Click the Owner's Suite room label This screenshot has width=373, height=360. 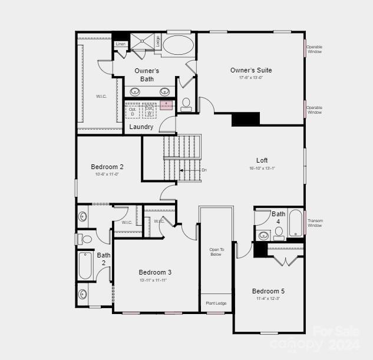[251, 70]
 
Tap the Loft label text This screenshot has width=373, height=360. [262, 160]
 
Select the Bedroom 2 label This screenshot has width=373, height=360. [107, 167]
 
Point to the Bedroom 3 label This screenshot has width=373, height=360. [155, 272]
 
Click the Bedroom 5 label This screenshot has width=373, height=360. [268, 291]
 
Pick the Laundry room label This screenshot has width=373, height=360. [141, 127]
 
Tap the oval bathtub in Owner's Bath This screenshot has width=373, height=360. [177, 45]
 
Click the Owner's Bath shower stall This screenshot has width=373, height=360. [141, 42]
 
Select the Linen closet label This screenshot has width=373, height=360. [120, 44]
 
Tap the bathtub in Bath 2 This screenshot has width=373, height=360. [85, 266]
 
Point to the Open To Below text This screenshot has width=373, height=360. [216, 252]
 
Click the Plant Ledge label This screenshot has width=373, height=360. [216, 303]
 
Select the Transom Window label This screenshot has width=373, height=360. [315, 223]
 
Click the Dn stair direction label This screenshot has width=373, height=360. [204, 170]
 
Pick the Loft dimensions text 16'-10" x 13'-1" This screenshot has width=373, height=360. [262, 168]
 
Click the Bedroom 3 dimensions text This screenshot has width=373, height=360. [153, 280]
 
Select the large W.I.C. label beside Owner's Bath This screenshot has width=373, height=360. [101, 96]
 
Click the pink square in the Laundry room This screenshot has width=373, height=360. [166, 105]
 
